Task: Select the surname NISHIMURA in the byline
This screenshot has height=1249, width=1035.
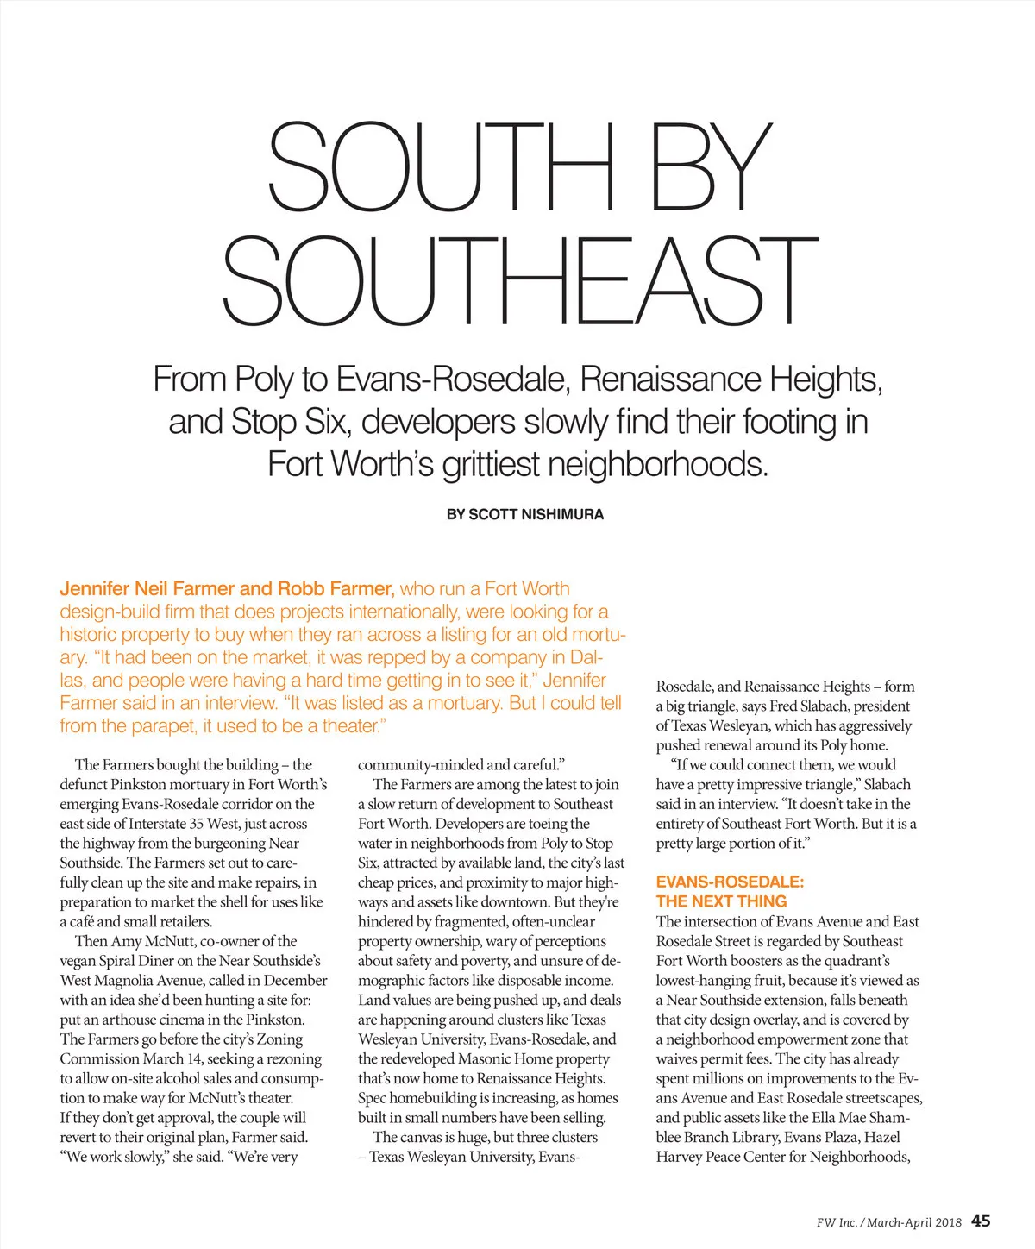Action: coord(562,514)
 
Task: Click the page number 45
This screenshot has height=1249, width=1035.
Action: coord(981,1221)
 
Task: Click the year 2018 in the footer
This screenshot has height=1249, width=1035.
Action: coord(947,1222)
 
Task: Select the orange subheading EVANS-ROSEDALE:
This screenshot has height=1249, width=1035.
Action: coord(730,882)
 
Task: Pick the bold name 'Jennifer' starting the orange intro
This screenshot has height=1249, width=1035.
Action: coord(95,589)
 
